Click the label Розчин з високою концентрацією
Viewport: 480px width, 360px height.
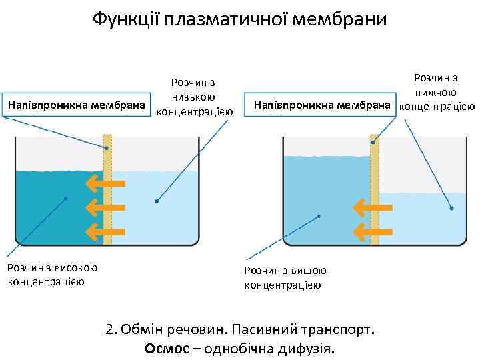52,275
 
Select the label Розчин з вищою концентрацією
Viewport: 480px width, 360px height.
284,277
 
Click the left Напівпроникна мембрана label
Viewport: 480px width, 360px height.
76,105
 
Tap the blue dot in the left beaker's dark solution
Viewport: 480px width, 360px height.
65,199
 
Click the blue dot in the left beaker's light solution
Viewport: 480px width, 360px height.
157,200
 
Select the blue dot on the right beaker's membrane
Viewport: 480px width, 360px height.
373,143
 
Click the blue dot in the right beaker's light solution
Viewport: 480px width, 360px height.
451,209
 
